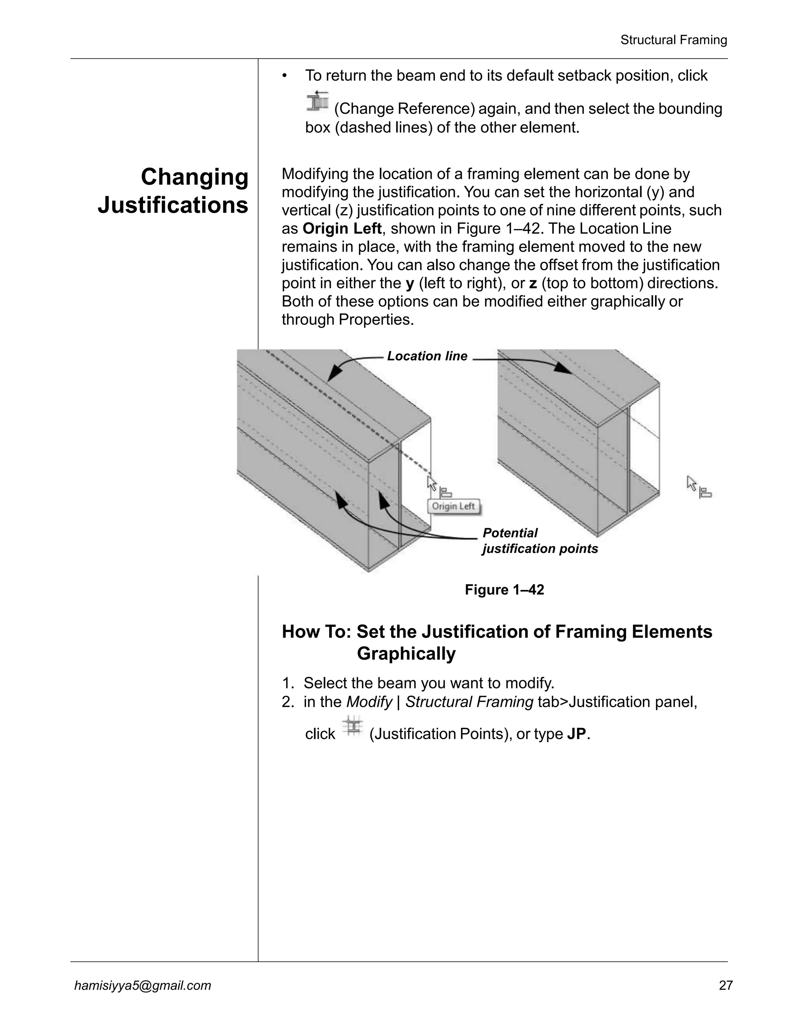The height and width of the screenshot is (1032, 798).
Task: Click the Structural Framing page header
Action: [673, 40]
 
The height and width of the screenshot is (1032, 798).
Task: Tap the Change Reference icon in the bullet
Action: [317, 102]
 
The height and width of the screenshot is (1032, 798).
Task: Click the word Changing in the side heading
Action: [194, 177]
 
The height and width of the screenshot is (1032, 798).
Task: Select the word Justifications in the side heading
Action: [173, 205]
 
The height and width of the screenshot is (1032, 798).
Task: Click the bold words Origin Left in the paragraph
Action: [342, 229]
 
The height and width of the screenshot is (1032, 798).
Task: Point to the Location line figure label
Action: [427, 356]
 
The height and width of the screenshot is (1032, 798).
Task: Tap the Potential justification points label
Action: [539, 541]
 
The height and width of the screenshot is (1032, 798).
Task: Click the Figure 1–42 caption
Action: [505, 590]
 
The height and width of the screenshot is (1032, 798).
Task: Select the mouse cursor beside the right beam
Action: [692, 483]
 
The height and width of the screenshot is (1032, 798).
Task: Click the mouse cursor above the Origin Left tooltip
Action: [432, 483]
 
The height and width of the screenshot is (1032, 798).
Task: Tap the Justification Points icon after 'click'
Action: [353, 726]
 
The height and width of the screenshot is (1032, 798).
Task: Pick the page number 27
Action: [726, 985]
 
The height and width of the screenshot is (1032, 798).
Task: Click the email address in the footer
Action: [143, 985]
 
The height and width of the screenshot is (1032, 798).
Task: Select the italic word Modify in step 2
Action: [369, 702]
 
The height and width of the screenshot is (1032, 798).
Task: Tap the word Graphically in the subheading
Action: [406, 654]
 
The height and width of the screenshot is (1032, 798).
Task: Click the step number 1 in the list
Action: [286, 683]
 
